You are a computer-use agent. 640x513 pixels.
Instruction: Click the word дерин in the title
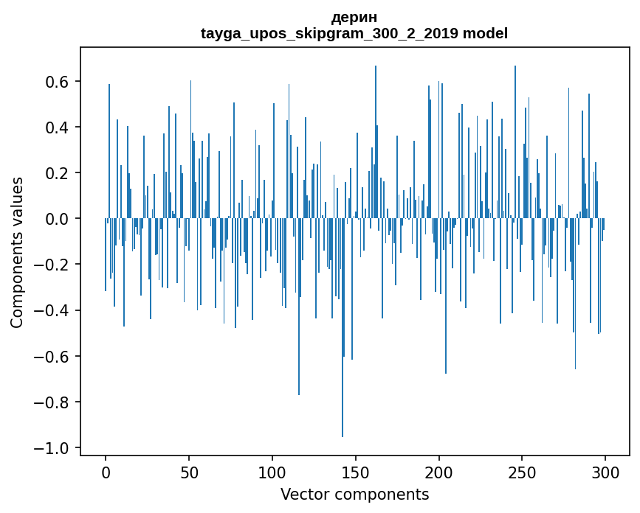point(354,17)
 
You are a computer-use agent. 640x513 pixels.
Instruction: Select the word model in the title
point(485,33)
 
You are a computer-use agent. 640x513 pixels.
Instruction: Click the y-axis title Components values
point(17,252)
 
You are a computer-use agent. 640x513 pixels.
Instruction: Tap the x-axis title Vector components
point(354,494)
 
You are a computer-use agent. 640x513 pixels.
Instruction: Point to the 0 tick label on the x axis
point(106,472)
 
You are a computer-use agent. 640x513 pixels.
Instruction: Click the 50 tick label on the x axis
point(189,472)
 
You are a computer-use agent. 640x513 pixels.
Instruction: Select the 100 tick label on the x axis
point(272,472)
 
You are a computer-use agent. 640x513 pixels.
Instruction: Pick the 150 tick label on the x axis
point(356,472)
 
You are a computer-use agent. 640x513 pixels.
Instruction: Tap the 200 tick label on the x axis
point(439,472)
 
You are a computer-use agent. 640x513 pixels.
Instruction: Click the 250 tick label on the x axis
point(523,472)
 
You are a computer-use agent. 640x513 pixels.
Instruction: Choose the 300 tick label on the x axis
point(606,472)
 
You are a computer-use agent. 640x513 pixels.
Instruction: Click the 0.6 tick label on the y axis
point(58,82)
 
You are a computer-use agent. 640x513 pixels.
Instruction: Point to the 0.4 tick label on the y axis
point(58,128)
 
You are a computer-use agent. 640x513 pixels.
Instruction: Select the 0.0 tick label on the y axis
point(58,219)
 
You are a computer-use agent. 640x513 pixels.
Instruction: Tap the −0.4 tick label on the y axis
point(53,311)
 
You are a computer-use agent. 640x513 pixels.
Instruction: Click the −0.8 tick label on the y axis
point(53,402)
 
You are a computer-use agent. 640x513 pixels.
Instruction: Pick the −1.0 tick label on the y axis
point(53,448)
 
